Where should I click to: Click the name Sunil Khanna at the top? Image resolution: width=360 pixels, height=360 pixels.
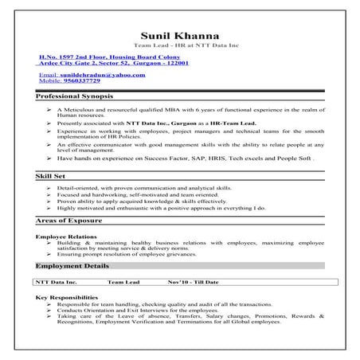click(179, 36)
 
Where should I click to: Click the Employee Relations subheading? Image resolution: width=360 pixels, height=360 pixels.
click(67, 237)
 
